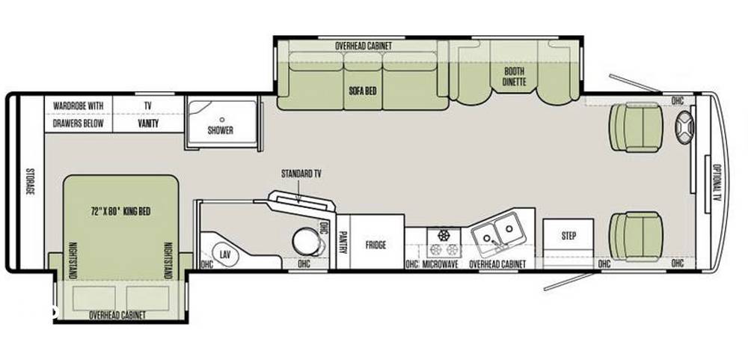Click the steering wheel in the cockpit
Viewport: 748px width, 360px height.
pyautogui.click(x=684, y=127)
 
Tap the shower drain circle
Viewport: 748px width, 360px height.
pyautogui.click(x=222, y=120)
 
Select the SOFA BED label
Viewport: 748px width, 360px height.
pyautogui.click(x=363, y=91)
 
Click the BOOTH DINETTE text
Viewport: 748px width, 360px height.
pyautogui.click(x=515, y=76)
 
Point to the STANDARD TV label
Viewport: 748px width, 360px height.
pyautogui.click(x=301, y=174)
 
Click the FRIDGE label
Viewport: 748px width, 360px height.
pyautogui.click(x=376, y=245)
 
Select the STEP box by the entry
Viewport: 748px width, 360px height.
pyautogui.click(x=568, y=237)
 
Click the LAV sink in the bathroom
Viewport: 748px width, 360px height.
pyautogui.click(x=224, y=254)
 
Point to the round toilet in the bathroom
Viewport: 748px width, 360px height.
pyautogui.click(x=307, y=242)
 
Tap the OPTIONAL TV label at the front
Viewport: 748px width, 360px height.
pyautogui.click(x=717, y=183)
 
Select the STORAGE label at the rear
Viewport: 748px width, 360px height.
pyautogui.click(x=30, y=181)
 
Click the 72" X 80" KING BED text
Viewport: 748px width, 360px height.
pyautogui.click(x=120, y=212)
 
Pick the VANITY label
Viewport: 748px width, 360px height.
pyautogui.click(x=148, y=124)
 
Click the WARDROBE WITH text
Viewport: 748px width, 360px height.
pyautogui.click(x=79, y=106)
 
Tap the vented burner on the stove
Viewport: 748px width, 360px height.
pyautogui.click(x=444, y=235)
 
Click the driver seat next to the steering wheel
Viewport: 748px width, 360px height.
pyautogui.click(x=636, y=127)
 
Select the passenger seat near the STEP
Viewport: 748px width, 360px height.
pyautogui.click(x=636, y=237)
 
